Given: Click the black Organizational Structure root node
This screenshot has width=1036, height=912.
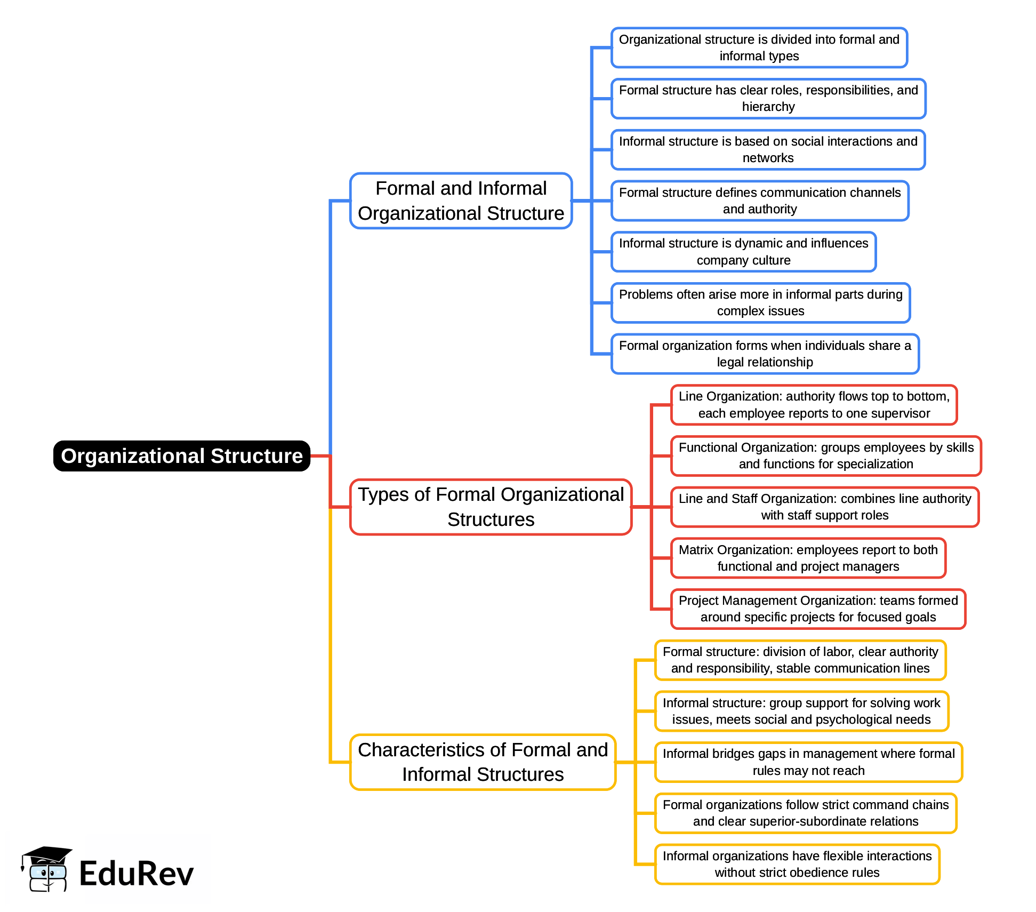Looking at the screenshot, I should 181,456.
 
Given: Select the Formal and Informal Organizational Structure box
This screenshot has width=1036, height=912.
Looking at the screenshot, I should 461,201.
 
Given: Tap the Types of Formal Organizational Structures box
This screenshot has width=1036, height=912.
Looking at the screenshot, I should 491,507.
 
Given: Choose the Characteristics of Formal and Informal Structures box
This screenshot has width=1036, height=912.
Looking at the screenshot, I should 483,762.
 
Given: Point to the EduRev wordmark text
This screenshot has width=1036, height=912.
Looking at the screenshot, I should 136,874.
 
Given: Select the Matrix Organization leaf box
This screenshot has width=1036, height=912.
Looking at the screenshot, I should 808,558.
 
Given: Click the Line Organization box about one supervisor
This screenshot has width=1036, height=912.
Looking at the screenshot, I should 814,405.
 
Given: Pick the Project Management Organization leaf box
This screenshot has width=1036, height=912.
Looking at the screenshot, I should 818,609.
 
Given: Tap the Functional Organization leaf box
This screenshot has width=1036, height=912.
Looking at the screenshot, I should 825,456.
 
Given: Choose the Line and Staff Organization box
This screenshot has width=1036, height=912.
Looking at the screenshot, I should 824,507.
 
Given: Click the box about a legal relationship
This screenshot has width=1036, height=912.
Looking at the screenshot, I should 765,354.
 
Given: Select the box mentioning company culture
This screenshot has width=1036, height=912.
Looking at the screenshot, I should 743,252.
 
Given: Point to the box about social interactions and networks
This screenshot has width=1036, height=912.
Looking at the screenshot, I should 768,150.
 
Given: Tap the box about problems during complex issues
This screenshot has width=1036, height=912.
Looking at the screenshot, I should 760,303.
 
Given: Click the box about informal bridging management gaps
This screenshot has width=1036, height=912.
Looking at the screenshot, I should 808,762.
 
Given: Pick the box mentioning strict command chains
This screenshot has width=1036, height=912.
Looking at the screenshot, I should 805,813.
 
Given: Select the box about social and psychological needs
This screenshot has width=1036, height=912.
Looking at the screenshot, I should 801,711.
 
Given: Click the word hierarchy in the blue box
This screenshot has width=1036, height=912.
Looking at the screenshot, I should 768,107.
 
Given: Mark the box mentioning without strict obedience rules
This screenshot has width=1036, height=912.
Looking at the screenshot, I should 797,865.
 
